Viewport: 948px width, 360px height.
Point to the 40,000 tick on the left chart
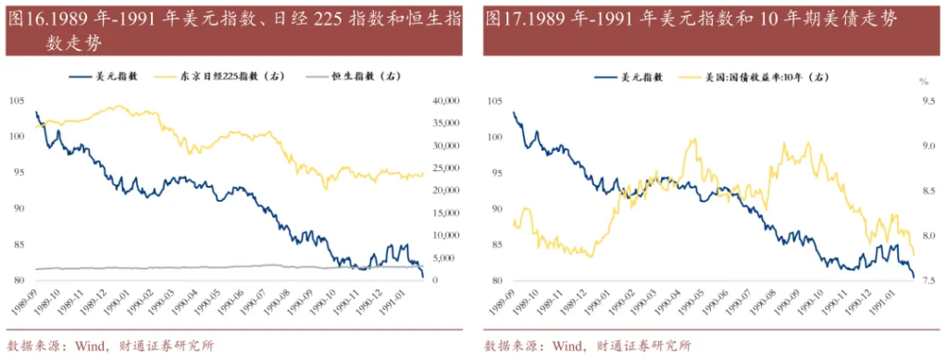(445, 100)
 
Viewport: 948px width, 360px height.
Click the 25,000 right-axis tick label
(445, 168)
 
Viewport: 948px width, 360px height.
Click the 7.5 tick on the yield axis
(929, 280)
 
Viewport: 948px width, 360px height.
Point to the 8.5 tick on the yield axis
(929, 191)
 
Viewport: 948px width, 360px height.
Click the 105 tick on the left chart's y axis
(17, 100)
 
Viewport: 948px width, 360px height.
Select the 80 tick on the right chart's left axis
(494, 280)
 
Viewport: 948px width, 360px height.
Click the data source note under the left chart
(110, 346)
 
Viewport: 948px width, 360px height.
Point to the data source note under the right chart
(587, 346)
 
